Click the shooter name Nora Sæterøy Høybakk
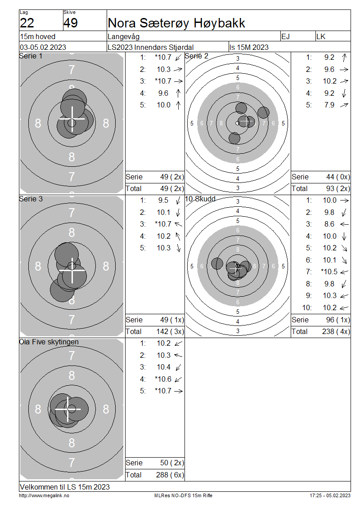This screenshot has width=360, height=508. (176, 23)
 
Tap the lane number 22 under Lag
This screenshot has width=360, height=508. (27, 23)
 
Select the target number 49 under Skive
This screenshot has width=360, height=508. (71, 23)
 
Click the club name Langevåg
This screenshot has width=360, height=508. (124, 36)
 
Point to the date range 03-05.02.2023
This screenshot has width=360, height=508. (43, 47)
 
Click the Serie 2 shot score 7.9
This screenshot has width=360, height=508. (329, 105)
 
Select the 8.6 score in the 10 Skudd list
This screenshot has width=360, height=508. (329, 224)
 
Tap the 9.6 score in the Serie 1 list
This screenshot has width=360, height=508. (163, 94)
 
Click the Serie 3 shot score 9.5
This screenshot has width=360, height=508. (163, 201)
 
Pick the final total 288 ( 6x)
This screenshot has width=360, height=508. (170, 475)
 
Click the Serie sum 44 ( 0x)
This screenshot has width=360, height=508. (338, 177)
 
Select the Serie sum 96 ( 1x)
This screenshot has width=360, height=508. (338, 320)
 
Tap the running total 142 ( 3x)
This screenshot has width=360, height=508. (170, 332)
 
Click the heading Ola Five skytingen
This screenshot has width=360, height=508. (49, 342)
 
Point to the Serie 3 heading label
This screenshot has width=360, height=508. (31, 199)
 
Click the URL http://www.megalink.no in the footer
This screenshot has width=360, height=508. (44, 496)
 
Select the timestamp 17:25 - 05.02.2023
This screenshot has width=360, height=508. (330, 496)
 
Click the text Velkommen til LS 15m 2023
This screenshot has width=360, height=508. (65, 487)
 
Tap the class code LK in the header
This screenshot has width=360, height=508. (321, 36)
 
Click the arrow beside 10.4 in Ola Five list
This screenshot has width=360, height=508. (178, 367)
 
